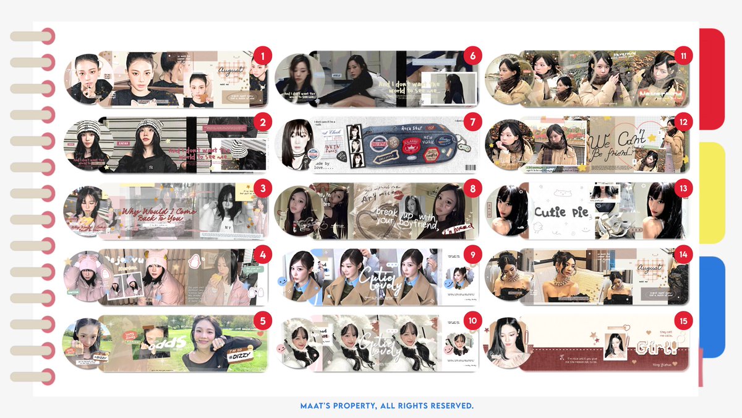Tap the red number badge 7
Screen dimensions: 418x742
point(472,123)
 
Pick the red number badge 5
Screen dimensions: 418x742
point(263,320)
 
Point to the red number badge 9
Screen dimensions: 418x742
point(472,254)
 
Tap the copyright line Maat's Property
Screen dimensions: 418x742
point(386,406)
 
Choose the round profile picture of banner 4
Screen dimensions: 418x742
point(89,277)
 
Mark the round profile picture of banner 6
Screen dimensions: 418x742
point(299,79)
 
